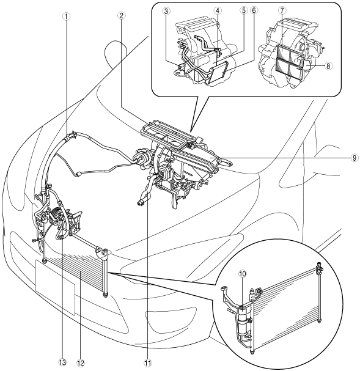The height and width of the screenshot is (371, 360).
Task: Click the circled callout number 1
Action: (x=67, y=16)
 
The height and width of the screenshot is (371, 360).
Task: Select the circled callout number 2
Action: (x=121, y=16)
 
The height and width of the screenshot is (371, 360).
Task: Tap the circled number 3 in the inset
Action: (x=166, y=10)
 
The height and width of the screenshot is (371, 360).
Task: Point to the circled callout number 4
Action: (x=218, y=10)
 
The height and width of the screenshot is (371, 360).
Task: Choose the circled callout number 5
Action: (x=243, y=10)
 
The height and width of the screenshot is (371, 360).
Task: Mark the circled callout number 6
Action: (x=254, y=10)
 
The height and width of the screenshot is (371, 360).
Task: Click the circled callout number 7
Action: (x=282, y=10)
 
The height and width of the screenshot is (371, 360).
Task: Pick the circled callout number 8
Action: (x=328, y=66)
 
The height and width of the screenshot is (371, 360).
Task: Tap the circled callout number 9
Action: (x=354, y=158)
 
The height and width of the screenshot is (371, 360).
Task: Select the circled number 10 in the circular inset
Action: (x=243, y=274)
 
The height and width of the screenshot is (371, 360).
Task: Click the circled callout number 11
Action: (x=148, y=362)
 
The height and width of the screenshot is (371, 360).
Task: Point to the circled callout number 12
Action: (x=81, y=362)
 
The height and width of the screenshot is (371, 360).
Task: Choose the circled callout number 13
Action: (x=63, y=362)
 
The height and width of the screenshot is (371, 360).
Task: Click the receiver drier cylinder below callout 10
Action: (x=243, y=321)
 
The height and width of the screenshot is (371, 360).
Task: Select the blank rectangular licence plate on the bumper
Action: (x=55, y=287)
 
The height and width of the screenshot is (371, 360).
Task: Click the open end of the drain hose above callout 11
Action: (x=141, y=202)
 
